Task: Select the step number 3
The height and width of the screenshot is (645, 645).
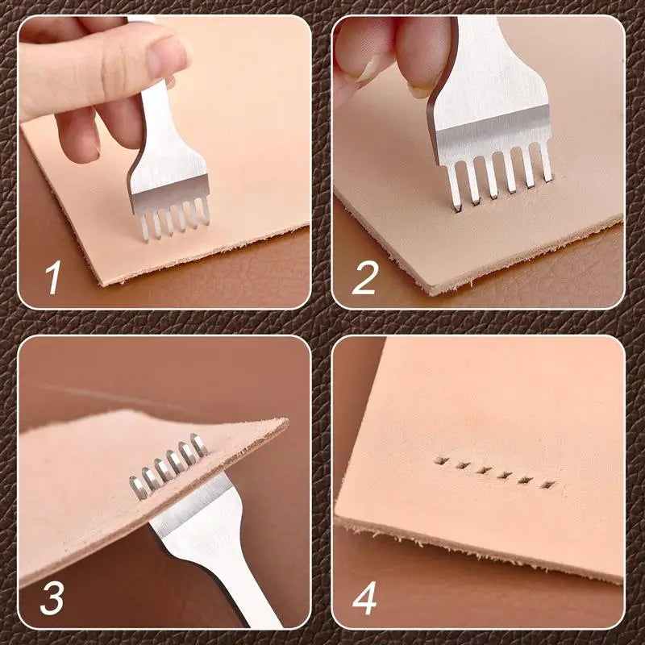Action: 52,598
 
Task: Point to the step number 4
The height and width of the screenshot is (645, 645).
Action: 365,599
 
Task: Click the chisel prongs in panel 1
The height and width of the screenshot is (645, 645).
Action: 173,220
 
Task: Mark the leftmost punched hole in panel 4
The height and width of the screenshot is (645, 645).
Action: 440,461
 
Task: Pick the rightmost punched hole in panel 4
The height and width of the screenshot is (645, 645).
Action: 549,485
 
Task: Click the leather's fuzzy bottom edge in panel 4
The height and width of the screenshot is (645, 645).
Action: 484,548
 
